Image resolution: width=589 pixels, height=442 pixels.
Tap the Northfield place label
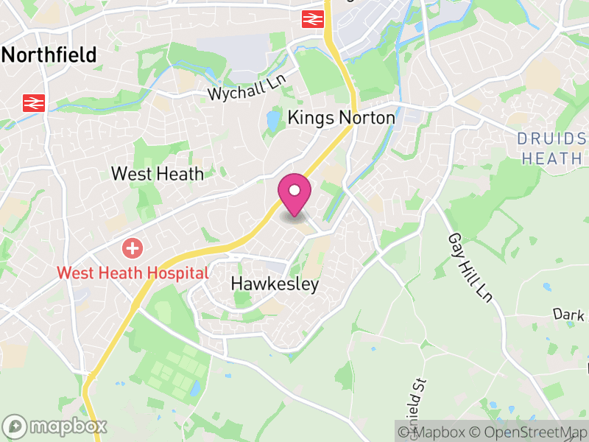click(x=50, y=55)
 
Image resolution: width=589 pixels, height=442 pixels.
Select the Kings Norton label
click(x=341, y=117)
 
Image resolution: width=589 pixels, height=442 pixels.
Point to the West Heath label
click(x=157, y=174)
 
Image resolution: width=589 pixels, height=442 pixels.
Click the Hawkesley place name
click(x=275, y=284)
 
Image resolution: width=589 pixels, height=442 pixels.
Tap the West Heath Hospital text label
click(x=133, y=273)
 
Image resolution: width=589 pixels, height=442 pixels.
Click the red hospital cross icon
click(x=133, y=248)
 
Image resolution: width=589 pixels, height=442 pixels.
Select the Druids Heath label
click(x=551, y=148)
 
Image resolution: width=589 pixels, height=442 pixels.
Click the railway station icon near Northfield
click(x=33, y=102)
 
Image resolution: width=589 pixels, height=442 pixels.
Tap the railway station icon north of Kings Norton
click(x=314, y=19)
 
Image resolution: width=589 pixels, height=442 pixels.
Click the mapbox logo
click(x=56, y=426)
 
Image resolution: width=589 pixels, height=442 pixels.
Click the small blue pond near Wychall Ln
click(x=273, y=120)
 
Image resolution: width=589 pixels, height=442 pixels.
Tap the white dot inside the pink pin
click(x=294, y=191)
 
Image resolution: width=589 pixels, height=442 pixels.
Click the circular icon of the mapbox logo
click(x=15, y=426)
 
